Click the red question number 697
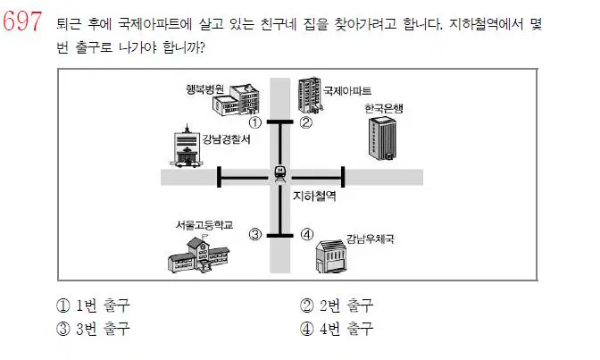[21, 21]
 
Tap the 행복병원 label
[204, 89]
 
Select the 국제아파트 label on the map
[347, 91]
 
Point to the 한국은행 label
[383, 108]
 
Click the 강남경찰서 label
[226, 139]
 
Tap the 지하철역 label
[314, 197]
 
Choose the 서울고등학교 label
[204, 225]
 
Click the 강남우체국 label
[370, 239]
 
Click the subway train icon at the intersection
[280, 174]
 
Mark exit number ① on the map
[255, 122]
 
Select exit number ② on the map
[305, 122]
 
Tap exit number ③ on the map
[255, 234]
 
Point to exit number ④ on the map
[307, 234]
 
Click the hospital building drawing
[236, 99]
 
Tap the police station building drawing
[186, 147]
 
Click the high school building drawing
[198, 254]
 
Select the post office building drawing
[330, 255]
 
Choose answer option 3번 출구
[94, 329]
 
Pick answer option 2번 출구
[337, 306]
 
